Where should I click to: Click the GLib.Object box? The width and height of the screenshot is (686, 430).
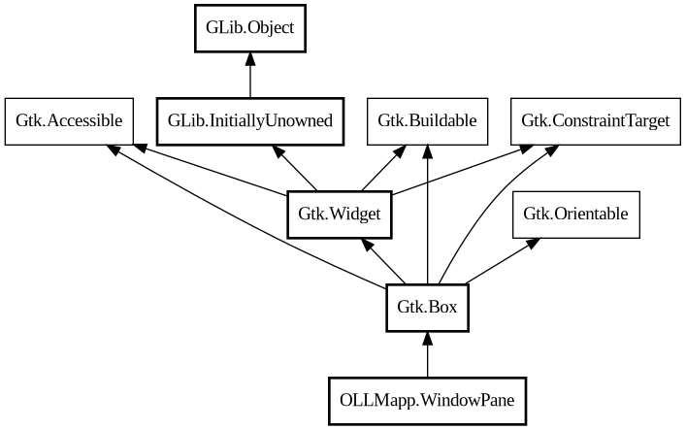click(x=250, y=29)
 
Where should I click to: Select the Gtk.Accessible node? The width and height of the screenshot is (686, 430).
click(x=69, y=121)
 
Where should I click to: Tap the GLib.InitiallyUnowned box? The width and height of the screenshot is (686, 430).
click(x=250, y=121)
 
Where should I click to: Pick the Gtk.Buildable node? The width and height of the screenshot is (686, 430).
click(x=427, y=121)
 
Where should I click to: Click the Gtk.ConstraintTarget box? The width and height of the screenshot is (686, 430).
click(x=595, y=121)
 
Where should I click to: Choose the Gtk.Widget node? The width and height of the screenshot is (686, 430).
click(x=339, y=215)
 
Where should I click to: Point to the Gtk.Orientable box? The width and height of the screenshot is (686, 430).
click(x=575, y=215)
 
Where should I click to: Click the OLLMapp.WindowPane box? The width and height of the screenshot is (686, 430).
click(x=427, y=400)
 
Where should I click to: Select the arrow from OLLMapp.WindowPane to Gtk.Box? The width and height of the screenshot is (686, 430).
click(x=427, y=354)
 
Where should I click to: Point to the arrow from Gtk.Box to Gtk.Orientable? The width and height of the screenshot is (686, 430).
click(x=499, y=262)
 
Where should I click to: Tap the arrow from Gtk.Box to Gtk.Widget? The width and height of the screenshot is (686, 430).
click(x=384, y=262)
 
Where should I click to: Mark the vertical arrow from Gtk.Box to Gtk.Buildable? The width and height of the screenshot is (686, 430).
click(x=427, y=214)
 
